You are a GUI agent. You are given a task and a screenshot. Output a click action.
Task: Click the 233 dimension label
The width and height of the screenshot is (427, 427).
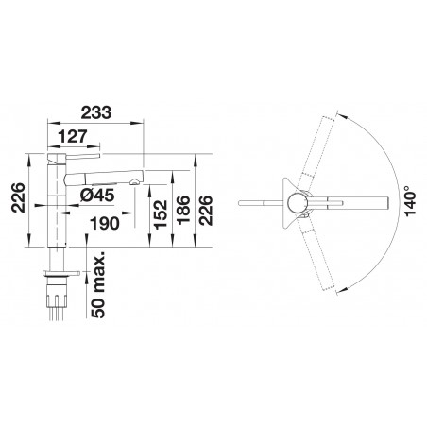pyautogui.click(x=96, y=112)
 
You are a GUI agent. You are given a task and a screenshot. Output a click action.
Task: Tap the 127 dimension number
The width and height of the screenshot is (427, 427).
pyautogui.click(x=72, y=137)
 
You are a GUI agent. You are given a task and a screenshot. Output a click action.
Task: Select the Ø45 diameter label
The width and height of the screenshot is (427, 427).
pyautogui.click(x=96, y=196)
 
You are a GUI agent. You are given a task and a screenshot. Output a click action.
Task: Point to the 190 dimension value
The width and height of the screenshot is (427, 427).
pyautogui.click(x=105, y=223)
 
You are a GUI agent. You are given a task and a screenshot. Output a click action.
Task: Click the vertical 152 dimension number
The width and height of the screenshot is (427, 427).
pyautogui.click(x=161, y=214)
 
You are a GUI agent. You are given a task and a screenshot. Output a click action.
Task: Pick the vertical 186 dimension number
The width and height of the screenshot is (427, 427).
pyautogui.click(x=183, y=210)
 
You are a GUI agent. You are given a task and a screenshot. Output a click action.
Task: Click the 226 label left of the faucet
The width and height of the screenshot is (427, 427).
pyautogui.click(x=18, y=197)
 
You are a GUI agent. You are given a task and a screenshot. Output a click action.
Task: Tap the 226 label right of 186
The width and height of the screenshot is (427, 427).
pyautogui.click(x=206, y=210)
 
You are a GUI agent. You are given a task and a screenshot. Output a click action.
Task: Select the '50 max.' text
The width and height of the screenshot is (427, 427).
pyautogui.click(x=97, y=284)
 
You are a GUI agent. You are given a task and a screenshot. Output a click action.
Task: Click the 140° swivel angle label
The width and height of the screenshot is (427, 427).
pyautogui.click(x=411, y=200)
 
